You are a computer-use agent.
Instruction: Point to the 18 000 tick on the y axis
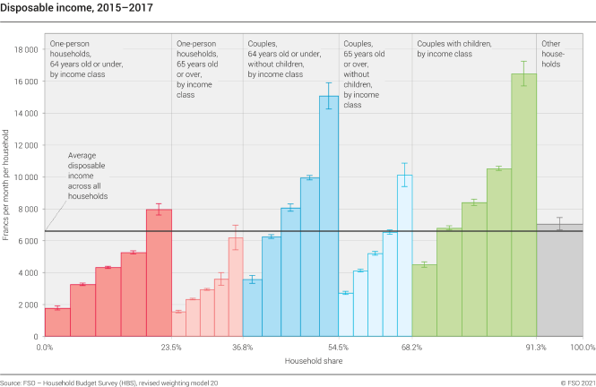(25, 49)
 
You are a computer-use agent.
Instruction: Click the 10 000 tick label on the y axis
(25, 176)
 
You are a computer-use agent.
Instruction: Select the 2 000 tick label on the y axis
(27, 305)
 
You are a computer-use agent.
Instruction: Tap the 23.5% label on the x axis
(171, 347)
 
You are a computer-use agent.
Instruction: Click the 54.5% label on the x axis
(339, 347)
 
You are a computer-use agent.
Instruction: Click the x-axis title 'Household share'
(312, 360)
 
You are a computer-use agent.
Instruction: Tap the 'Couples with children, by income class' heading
(456, 49)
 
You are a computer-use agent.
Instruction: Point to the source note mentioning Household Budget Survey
(108, 382)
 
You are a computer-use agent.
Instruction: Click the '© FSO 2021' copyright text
(574, 382)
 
